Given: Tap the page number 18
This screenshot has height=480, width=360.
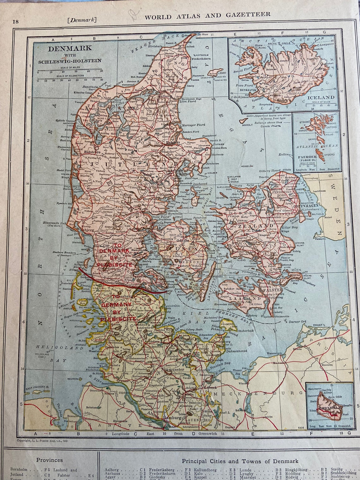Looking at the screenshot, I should tap(15, 21).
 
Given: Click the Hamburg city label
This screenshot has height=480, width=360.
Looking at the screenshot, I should tap(172, 417).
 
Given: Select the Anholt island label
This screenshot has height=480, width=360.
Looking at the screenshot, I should tap(247, 124).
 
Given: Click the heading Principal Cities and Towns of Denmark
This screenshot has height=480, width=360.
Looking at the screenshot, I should tap(240, 461).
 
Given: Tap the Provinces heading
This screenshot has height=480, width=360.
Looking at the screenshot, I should tap(50, 460).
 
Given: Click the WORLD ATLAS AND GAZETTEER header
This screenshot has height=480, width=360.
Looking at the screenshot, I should tap(207, 15).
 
